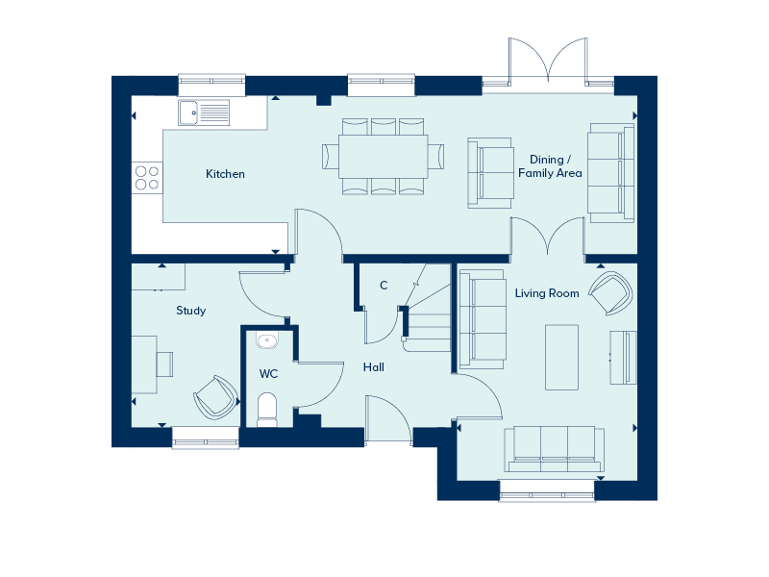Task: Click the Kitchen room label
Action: point(225,174)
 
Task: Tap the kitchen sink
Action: point(204,113)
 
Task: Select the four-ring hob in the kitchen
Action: point(147,178)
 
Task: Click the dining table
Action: point(383,157)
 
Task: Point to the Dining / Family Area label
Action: point(550,166)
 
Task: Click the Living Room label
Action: point(547,293)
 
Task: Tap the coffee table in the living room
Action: point(561,357)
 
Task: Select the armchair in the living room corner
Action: point(610,293)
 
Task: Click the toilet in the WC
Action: point(267,410)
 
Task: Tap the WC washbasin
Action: point(267,340)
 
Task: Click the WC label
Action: point(268,374)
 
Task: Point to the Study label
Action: point(190,311)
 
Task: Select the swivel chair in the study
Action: point(215,397)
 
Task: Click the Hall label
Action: point(374,367)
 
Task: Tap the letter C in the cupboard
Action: point(384,285)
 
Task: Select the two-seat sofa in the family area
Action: point(490,173)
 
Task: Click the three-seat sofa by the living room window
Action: point(555,449)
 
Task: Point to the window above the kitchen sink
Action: point(211,85)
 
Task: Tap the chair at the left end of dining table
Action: point(331,157)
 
